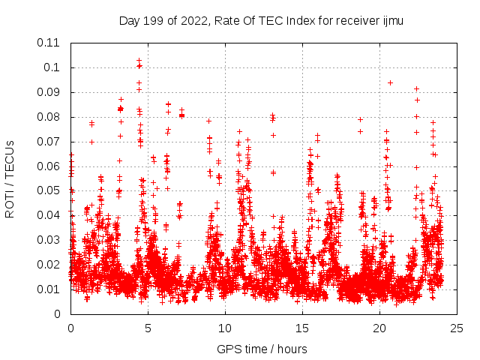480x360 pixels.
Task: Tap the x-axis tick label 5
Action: (x=148, y=328)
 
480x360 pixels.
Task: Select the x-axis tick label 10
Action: (x=225, y=328)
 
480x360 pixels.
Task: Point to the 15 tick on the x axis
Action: (x=302, y=328)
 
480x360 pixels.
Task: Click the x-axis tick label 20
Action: (x=379, y=328)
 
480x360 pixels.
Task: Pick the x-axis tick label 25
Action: (x=457, y=328)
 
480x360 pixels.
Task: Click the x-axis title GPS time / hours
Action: (x=262, y=349)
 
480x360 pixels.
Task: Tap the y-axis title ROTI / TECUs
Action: (x=10, y=178)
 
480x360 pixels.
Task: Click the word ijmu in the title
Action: (x=392, y=21)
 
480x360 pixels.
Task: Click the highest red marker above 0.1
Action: (x=139, y=61)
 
